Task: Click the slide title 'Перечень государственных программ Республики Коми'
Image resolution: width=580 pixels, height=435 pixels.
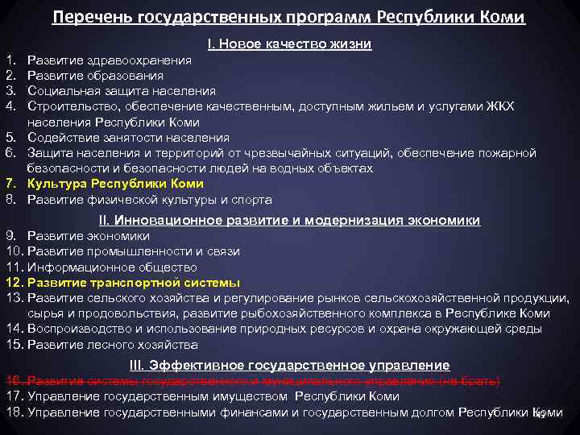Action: (289, 17)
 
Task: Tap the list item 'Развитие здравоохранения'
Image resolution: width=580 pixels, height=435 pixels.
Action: (110, 60)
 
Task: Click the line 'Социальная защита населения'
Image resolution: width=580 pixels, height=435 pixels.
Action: (122, 91)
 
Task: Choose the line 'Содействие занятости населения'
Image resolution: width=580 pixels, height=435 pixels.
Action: (128, 138)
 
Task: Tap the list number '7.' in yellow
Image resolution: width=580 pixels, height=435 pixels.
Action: (10, 184)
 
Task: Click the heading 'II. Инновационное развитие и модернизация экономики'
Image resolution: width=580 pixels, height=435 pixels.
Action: (289, 220)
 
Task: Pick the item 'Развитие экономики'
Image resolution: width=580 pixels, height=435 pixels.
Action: (89, 236)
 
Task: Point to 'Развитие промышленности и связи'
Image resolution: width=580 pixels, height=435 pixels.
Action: (134, 251)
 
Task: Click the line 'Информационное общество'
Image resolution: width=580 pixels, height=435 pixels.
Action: (112, 267)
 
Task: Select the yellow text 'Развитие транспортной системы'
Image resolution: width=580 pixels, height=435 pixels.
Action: (134, 283)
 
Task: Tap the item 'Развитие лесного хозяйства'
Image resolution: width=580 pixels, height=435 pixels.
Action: (113, 345)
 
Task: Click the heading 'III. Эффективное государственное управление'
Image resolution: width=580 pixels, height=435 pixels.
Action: (289, 366)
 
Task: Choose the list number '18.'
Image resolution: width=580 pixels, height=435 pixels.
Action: (14, 412)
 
